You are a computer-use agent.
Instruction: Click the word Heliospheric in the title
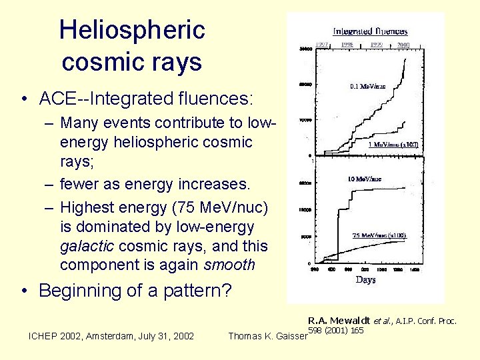[x=132, y=30]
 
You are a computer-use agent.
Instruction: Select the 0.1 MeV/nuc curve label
[x=367, y=85]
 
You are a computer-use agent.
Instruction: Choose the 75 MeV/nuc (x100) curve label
[x=379, y=235]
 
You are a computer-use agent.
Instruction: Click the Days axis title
[x=365, y=279]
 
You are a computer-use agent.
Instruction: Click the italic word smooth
[x=229, y=265]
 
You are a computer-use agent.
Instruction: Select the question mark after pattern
[x=227, y=291]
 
